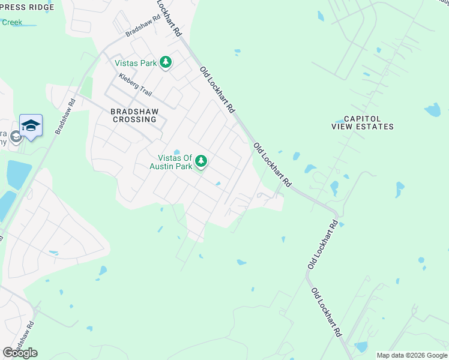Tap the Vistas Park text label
[x=139, y=63]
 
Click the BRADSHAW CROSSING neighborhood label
[x=133, y=115]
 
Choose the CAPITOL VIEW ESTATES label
[x=363, y=122]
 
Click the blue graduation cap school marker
[x=31, y=125]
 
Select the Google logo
[x=20, y=353]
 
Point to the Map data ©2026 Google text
[x=412, y=355]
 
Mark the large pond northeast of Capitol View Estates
[x=433, y=110]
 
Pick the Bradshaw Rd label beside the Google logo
[x=25, y=338]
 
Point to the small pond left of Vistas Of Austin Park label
[x=176, y=152]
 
